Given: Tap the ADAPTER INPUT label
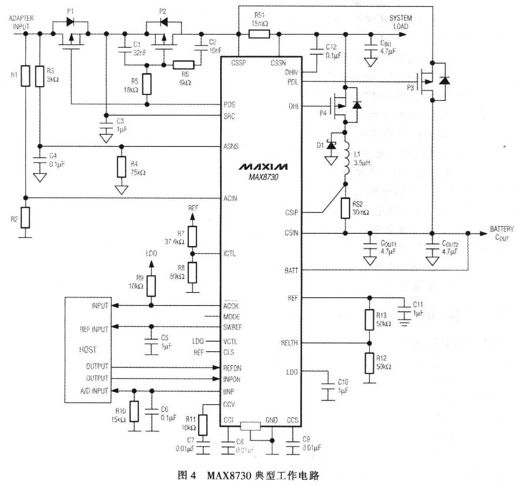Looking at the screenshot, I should tap(21, 22).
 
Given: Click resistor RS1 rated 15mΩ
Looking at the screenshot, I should tap(259, 34).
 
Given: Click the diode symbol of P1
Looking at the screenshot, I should tap(70, 20).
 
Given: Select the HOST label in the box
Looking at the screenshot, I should tap(88, 349).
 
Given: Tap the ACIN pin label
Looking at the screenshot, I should tap(230, 198).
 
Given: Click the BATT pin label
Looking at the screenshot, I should tap(291, 270).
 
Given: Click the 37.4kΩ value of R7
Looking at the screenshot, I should tap(174, 242).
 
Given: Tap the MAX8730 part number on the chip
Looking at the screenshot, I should tap(262, 177).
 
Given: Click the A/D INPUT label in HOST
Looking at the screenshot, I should tap(94, 391).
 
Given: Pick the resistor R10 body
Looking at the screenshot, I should tap(134, 412).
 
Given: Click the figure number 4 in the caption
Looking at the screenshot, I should tap(194, 476).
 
